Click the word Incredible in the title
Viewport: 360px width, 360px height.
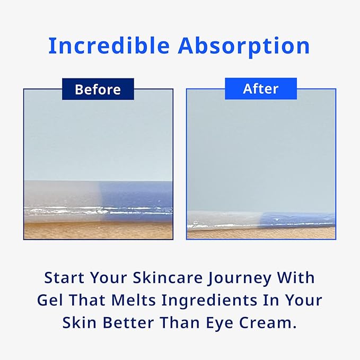click(109, 47)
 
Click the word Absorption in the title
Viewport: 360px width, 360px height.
click(244, 47)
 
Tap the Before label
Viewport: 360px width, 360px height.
click(98, 89)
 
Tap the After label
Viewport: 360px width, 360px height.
click(261, 89)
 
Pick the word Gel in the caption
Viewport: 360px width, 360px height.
click(50, 300)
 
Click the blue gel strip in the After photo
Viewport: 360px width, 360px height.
click(300, 219)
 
